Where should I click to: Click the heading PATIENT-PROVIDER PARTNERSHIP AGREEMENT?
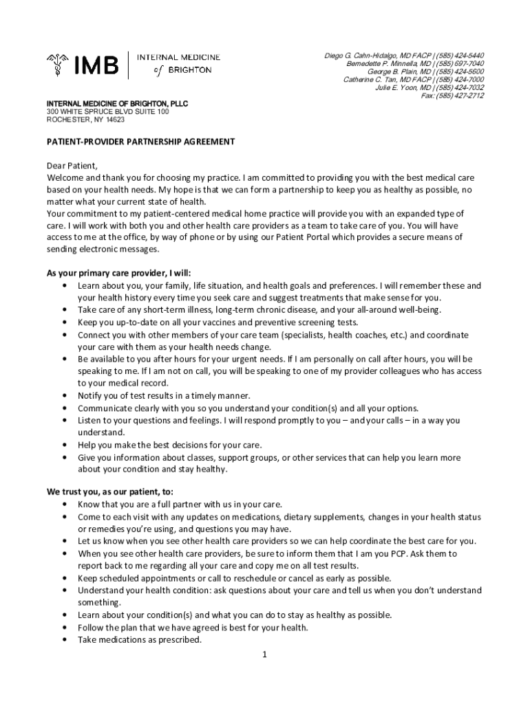click(140, 142)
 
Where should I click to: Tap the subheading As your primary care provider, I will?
click(118, 273)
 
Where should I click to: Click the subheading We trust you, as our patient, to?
click(110, 492)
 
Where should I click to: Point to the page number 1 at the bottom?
click(264, 654)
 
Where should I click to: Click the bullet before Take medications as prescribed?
click(64, 639)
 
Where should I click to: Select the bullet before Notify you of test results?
click(64, 395)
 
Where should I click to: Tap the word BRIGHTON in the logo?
click(190, 70)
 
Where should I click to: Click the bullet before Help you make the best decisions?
click(64, 445)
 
